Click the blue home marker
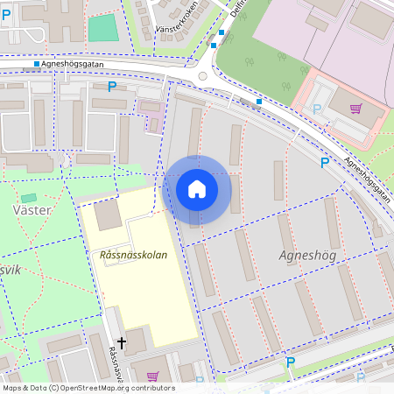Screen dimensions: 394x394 pos(197,188)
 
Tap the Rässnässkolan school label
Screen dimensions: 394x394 pos(128,254)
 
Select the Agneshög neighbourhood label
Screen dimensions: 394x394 pos(306,255)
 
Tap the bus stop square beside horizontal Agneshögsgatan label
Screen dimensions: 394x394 pos(36,64)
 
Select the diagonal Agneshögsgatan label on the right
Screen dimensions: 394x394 pos(365,179)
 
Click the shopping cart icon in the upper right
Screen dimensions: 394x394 pos(355,109)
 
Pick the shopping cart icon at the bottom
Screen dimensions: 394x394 pos(152,376)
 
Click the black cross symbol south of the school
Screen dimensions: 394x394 pos(122,341)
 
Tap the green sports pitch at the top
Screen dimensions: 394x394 pos(102,28)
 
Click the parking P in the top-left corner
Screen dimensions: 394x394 pos(7,15)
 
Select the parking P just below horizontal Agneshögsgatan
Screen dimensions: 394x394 pos(111,86)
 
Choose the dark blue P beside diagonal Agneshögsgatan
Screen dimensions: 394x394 pos(325,162)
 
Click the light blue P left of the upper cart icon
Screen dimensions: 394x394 pos(317,109)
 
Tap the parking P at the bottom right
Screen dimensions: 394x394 pos(291,362)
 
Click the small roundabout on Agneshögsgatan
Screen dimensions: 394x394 pos(203,76)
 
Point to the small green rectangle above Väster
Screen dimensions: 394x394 pos(29,199)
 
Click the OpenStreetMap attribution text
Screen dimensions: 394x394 pos(88,388)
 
